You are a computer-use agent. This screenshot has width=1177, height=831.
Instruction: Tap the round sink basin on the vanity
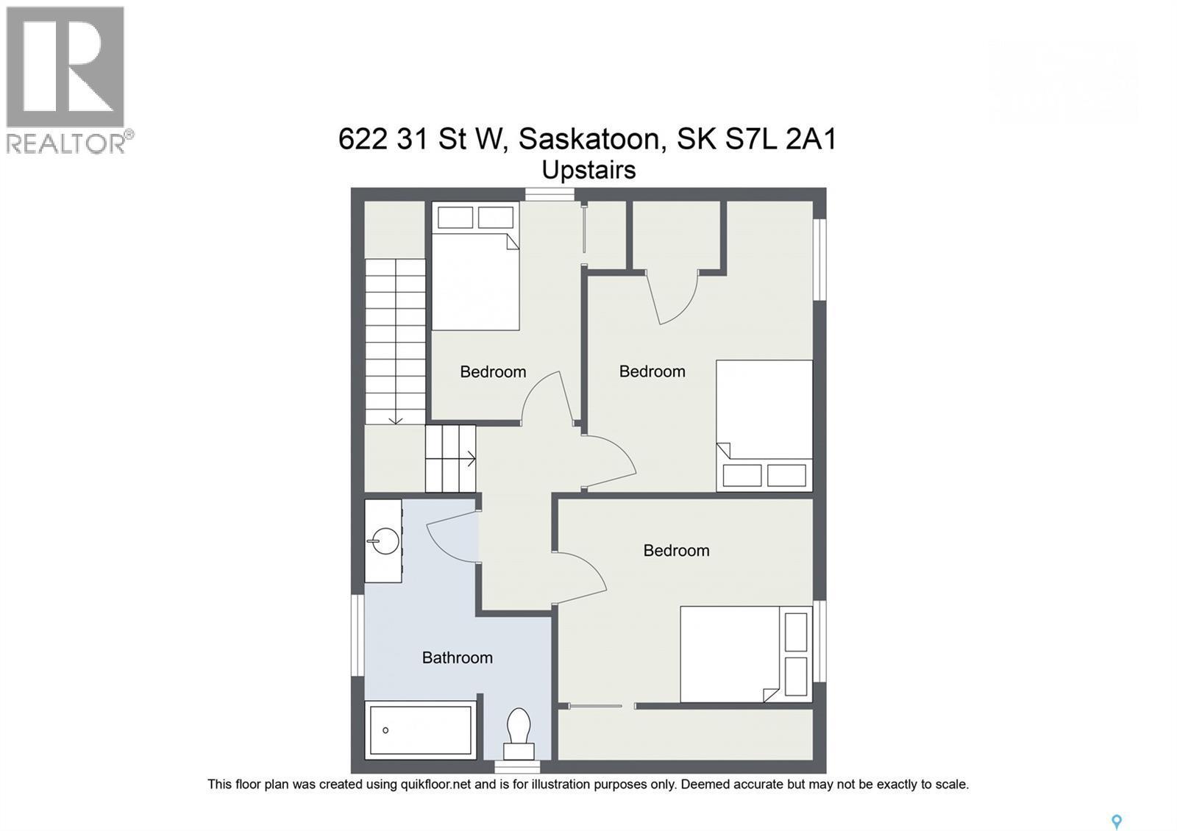[384, 542]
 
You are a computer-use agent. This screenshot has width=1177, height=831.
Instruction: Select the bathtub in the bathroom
[421, 730]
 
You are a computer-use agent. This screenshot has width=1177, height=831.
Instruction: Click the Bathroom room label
[457, 657]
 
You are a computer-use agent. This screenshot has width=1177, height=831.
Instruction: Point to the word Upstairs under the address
[588, 170]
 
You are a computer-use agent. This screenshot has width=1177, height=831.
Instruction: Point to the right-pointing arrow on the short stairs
[469, 459]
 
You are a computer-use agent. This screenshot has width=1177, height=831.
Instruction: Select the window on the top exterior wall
[550, 194]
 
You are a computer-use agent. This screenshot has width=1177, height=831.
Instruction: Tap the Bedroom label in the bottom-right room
[676, 550]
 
